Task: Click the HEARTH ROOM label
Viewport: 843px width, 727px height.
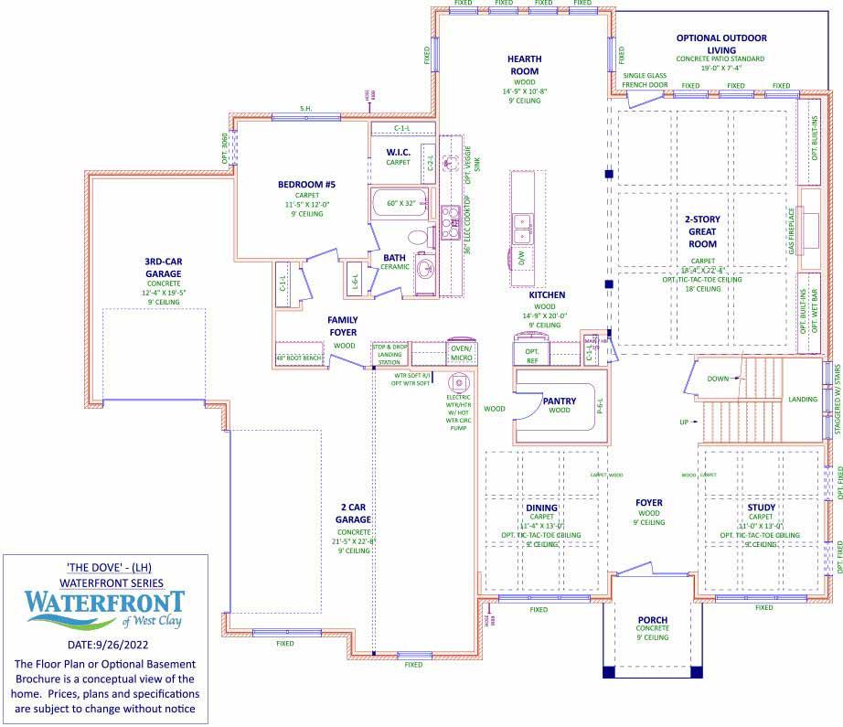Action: click(x=524, y=65)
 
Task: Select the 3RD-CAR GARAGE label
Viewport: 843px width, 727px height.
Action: click(x=163, y=267)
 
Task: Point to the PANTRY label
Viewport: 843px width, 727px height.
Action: click(x=559, y=401)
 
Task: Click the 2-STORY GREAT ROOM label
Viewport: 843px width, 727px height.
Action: click(x=702, y=231)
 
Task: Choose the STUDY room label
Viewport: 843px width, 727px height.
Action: click(x=761, y=508)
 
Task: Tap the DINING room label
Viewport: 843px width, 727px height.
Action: click(x=541, y=508)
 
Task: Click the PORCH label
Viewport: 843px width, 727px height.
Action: click(x=652, y=620)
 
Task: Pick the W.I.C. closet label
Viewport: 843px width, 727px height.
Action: click(x=398, y=152)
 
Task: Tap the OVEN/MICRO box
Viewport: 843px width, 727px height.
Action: click(x=461, y=352)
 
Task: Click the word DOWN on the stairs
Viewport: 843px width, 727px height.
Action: click(x=719, y=378)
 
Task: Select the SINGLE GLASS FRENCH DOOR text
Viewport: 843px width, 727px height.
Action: click(x=646, y=80)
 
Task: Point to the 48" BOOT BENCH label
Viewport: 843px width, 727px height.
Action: click(x=299, y=358)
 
